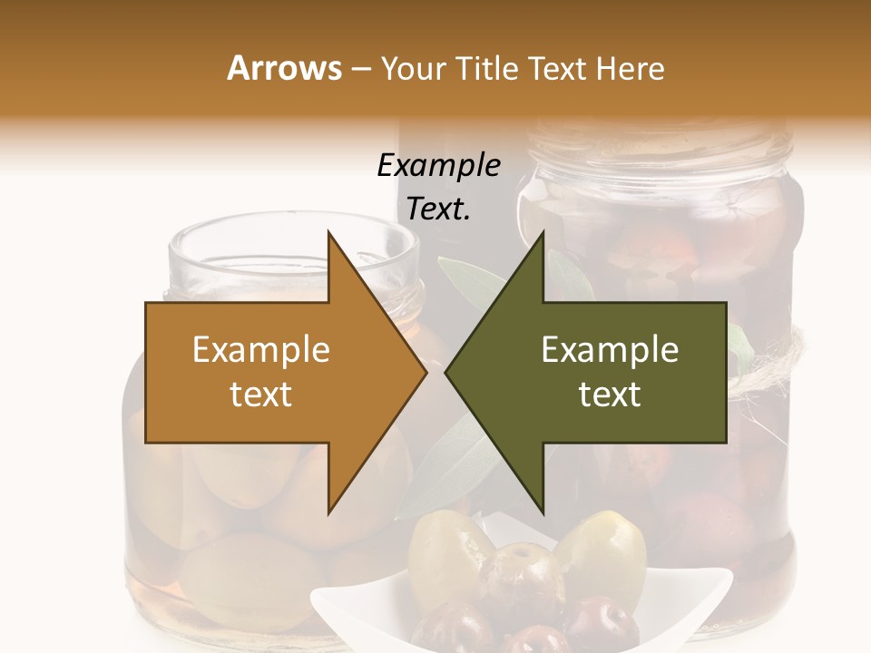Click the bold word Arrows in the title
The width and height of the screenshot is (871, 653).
pyautogui.click(x=284, y=68)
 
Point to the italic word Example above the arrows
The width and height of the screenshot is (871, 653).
pyautogui.click(x=439, y=166)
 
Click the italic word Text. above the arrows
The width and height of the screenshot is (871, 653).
pyautogui.click(x=439, y=210)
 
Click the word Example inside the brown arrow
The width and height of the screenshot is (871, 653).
pyautogui.click(x=261, y=350)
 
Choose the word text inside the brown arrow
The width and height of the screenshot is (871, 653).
pyautogui.click(x=261, y=395)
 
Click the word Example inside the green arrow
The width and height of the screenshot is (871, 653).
pyautogui.click(x=610, y=350)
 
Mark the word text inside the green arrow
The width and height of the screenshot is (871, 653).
pyautogui.click(x=610, y=395)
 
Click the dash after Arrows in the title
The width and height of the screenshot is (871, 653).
pyautogui.click(x=359, y=70)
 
